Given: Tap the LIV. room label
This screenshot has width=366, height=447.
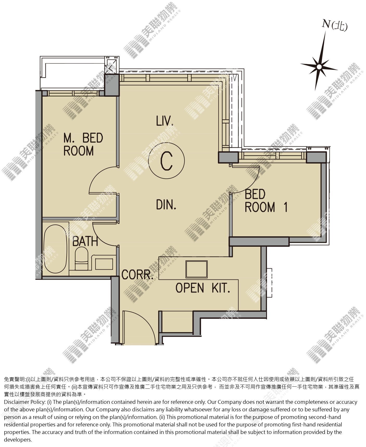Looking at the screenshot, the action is pyautogui.click(x=165, y=121).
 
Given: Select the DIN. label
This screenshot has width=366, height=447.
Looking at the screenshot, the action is pyautogui.click(x=166, y=204).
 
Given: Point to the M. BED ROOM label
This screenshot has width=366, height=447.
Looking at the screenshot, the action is pyautogui.click(x=83, y=144).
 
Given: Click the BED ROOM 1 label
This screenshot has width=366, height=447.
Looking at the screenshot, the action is pyautogui.click(x=266, y=201).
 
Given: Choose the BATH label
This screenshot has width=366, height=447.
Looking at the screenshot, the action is pyautogui.click(x=85, y=241).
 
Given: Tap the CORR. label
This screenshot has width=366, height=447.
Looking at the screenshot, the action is pyautogui.click(x=137, y=275).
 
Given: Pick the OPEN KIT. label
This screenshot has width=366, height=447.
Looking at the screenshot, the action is pyautogui.click(x=203, y=288).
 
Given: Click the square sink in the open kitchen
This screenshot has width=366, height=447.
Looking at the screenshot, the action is pyautogui.click(x=196, y=269).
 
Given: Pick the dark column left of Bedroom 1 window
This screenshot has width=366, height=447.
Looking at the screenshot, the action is pyautogui.click(x=228, y=157).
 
